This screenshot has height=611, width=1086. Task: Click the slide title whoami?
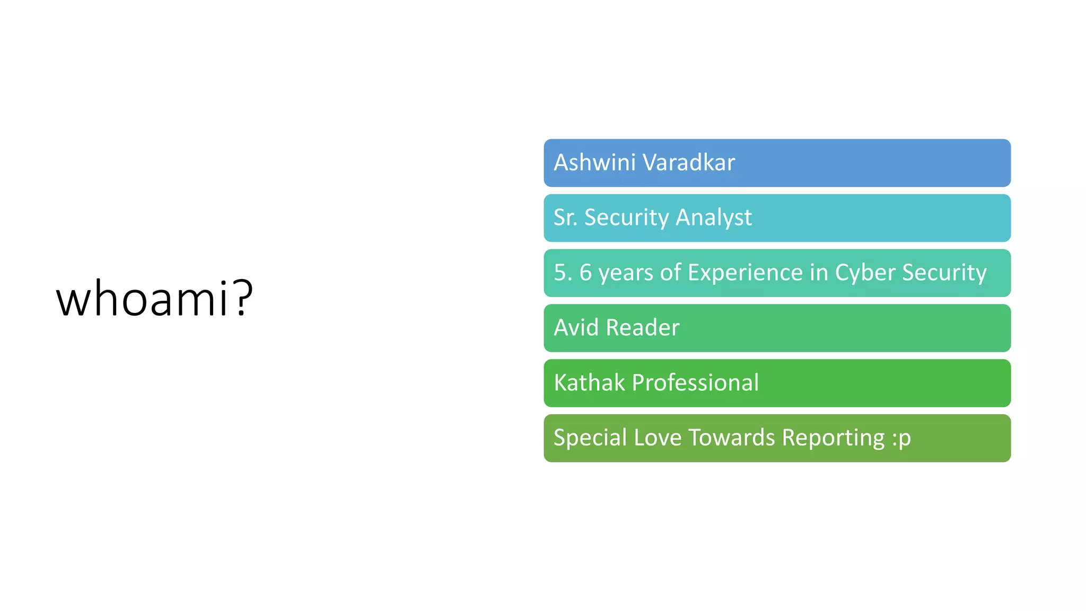point(154,299)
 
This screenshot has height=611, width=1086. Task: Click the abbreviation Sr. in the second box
point(565,217)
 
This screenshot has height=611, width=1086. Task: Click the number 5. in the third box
point(563,273)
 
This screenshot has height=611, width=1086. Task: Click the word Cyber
point(865,273)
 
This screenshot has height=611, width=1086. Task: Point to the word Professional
point(695,382)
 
